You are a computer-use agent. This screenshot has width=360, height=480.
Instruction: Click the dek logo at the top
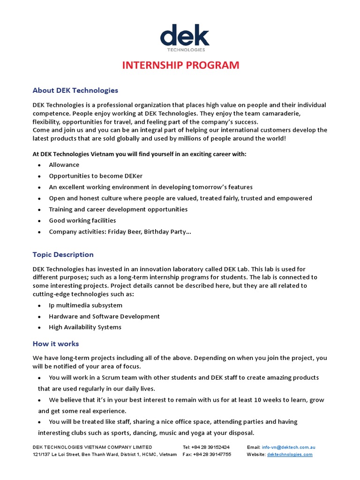(x=184, y=37)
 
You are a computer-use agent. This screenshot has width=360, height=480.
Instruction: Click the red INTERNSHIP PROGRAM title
(x=180, y=65)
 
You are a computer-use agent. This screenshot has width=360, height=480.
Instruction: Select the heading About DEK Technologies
(x=75, y=90)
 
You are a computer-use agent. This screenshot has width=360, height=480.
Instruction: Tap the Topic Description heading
(x=63, y=255)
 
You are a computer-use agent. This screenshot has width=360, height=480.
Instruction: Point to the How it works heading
(x=56, y=344)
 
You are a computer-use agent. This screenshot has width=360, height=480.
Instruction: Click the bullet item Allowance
(x=64, y=165)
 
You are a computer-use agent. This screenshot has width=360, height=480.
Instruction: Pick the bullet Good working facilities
(x=82, y=220)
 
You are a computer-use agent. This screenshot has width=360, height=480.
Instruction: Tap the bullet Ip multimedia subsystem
(x=85, y=306)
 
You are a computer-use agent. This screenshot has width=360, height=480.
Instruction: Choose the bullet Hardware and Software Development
(x=104, y=316)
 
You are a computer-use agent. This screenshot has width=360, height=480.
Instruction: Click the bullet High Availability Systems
(x=85, y=327)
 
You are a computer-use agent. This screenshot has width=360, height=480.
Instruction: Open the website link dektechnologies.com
(x=290, y=454)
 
